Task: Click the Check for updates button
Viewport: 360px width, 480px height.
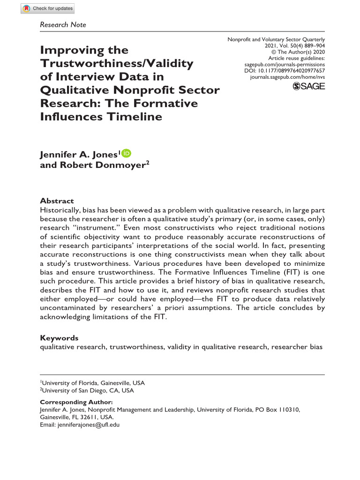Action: pyautogui.click(x=48, y=8)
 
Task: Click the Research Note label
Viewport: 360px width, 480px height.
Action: pyautogui.click(x=63, y=24)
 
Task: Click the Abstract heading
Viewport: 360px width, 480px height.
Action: pyautogui.click(x=57, y=200)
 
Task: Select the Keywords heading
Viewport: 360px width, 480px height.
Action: pyautogui.click(x=59, y=337)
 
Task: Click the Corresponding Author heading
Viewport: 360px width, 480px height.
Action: pyautogui.click(x=76, y=402)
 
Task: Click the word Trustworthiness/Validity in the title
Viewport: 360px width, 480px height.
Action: pyautogui.click(x=116, y=63)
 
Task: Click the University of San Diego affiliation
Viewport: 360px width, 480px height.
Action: pyautogui.click(x=88, y=390)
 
